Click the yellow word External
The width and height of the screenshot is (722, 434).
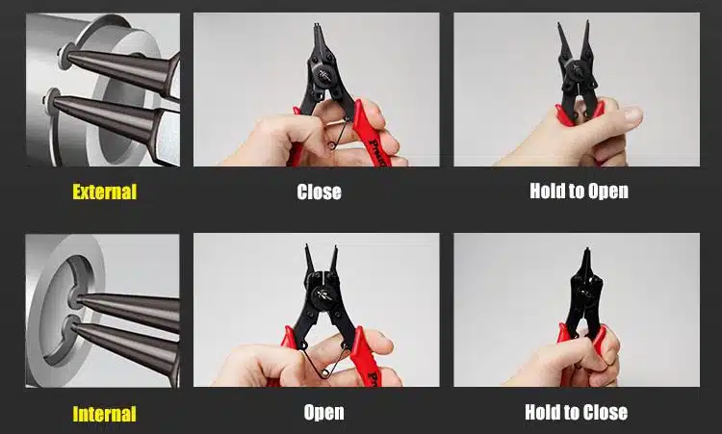click(105, 191)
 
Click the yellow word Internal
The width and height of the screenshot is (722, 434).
click(105, 414)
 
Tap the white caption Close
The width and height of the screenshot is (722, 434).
click(319, 191)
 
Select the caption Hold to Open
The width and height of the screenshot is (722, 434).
click(579, 191)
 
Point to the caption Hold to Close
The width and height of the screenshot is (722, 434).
click(576, 412)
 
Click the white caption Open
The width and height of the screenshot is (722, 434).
click(323, 413)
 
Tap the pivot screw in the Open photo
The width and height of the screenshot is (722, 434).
click(325, 294)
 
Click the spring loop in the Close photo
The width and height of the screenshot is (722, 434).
click(331, 146)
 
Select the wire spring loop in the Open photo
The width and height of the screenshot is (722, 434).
click(323, 374)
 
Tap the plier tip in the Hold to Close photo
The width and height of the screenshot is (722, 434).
click(586, 252)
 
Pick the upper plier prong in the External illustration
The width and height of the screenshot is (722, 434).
click(120, 69)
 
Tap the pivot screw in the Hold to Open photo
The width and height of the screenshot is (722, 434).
click(576, 70)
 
